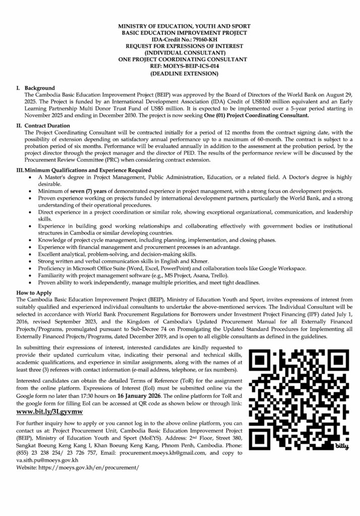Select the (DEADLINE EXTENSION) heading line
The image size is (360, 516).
click(x=180, y=73)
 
